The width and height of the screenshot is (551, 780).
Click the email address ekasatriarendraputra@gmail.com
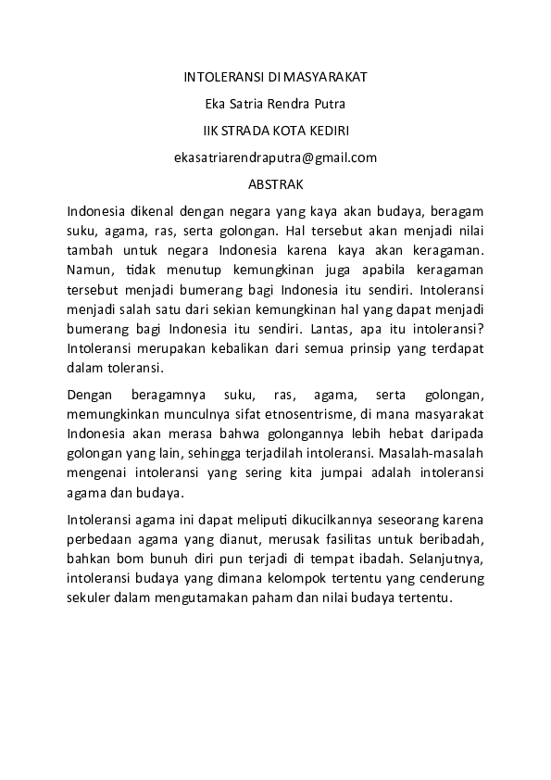point(275,157)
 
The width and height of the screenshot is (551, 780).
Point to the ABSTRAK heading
point(275,185)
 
